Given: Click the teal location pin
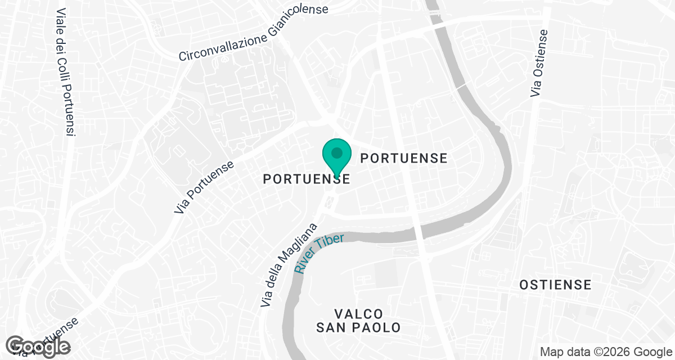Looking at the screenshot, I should pos(337,156).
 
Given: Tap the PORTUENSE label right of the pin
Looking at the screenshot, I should pos(404,158).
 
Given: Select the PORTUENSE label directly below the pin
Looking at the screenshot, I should pos(307,179).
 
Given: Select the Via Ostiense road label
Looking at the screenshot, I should pos(538,62).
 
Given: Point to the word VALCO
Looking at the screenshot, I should pos(358,313).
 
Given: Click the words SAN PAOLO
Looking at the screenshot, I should pos(358,327).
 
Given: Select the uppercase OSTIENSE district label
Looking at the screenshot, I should pos(555,285).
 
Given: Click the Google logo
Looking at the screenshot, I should pos(39,346).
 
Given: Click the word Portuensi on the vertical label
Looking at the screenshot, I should pos(68,110).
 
